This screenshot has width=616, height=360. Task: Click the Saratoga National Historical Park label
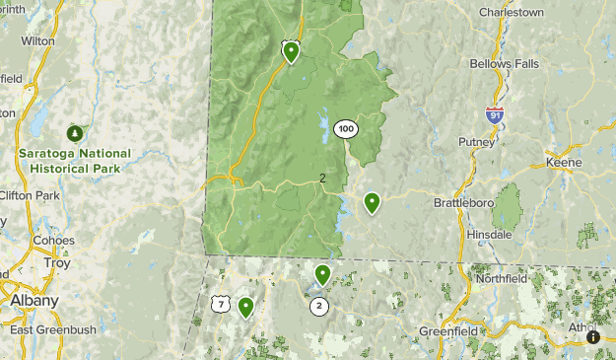click(74, 161)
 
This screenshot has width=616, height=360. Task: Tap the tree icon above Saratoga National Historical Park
click(74, 132)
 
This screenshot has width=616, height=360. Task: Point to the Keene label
click(564, 163)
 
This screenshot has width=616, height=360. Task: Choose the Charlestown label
click(511, 13)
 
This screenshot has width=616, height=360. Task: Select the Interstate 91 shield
click(495, 113)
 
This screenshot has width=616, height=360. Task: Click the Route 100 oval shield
click(345, 129)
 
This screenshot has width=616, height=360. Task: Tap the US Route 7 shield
click(221, 305)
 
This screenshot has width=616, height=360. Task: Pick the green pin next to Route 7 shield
click(244, 307)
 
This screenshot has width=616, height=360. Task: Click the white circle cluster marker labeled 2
click(319, 307)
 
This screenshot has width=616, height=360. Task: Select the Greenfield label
click(449, 331)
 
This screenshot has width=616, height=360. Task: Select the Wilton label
click(37, 41)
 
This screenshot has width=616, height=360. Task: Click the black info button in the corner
click(593, 337)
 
